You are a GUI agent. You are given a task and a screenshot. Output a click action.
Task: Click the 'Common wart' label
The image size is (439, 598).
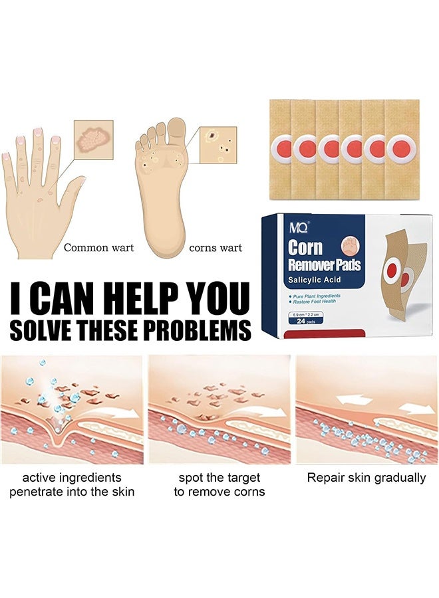[x=98, y=248]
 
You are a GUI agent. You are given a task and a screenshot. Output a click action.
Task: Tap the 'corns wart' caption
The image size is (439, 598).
[x=216, y=248]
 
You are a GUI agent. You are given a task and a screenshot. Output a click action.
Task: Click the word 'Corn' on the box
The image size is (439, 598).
[x=305, y=248]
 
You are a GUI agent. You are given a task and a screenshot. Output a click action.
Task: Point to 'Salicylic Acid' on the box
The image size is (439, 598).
[x=315, y=280]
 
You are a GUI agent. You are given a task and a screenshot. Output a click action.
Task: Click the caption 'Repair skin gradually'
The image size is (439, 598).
[x=366, y=478]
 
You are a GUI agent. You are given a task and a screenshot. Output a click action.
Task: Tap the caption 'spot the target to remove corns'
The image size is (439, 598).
[x=219, y=484]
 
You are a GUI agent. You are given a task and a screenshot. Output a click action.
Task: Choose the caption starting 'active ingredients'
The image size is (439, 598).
[x=72, y=484]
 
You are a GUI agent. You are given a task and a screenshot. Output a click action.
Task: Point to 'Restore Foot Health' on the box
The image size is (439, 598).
[x=317, y=302]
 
